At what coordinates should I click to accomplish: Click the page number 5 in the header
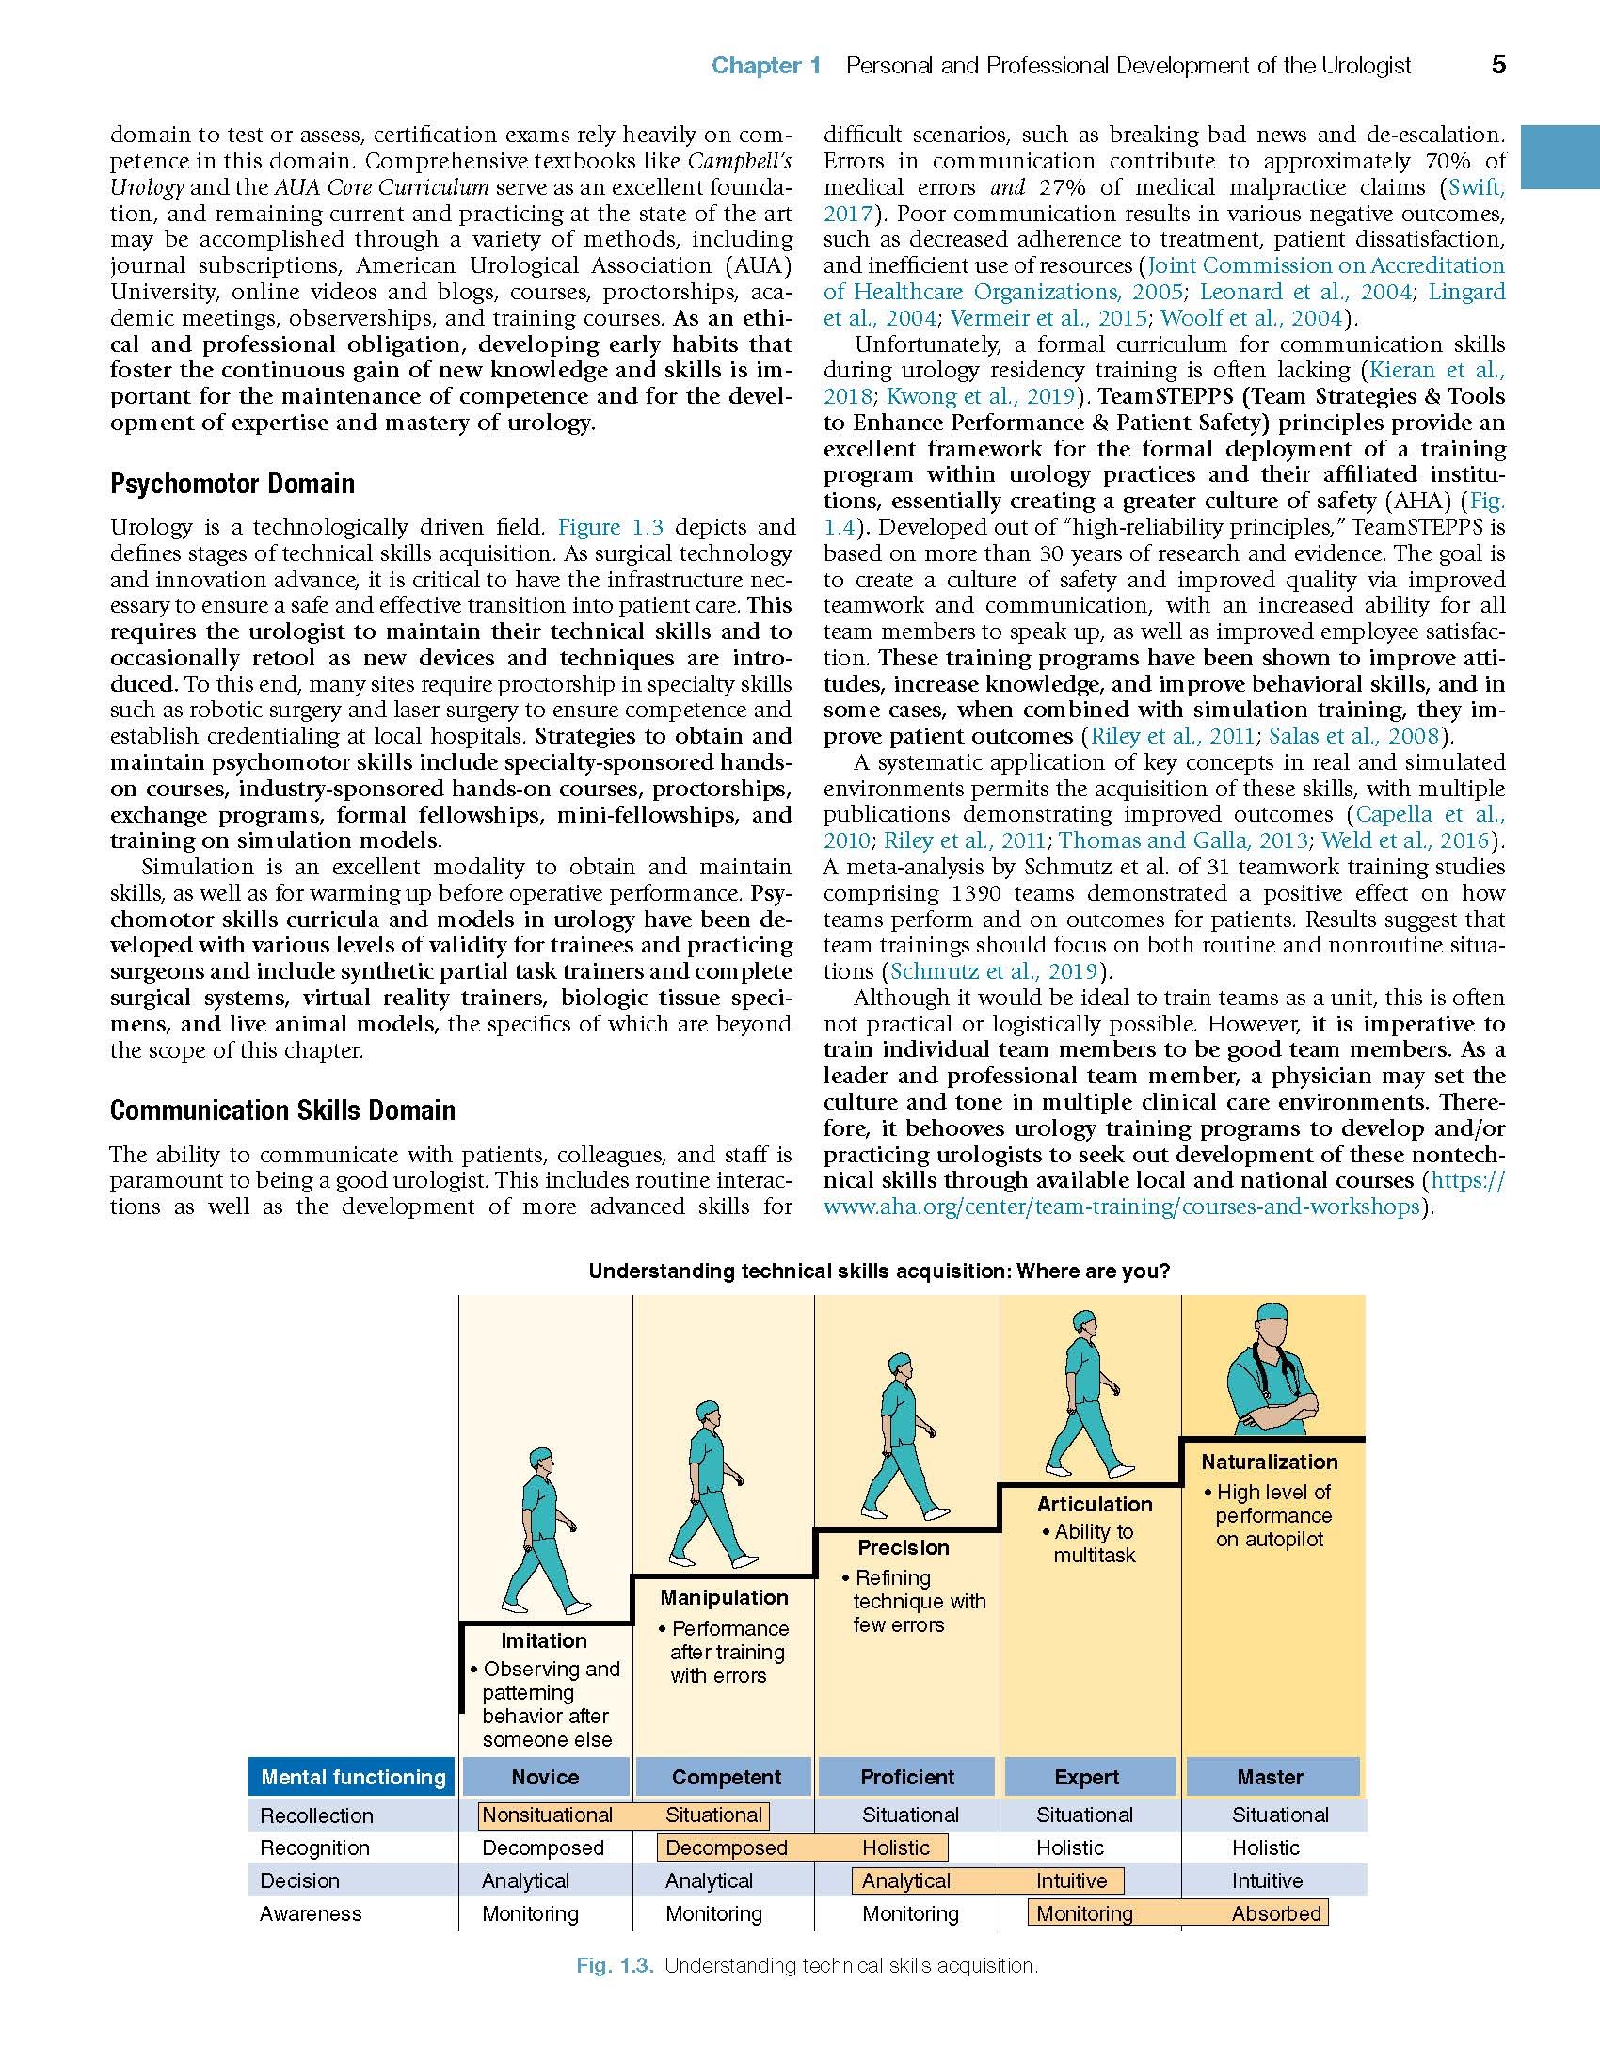point(1498,64)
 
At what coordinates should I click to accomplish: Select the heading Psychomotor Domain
point(232,484)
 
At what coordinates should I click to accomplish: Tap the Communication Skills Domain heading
point(282,1111)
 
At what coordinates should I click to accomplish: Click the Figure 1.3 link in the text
point(611,527)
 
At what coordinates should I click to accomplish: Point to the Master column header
point(1270,1777)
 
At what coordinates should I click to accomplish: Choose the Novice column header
point(545,1777)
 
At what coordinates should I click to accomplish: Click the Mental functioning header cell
point(353,1777)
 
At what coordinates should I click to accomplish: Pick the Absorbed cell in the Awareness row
point(1276,1913)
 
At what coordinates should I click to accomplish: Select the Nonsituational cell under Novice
point(547,1815)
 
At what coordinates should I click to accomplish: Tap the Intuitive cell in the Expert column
point(1071,1880)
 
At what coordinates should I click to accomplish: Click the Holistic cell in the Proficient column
point(895,1847)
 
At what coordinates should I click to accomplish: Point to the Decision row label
point(299,1880)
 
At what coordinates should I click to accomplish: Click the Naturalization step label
point(1269,1462)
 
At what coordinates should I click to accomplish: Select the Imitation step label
point(543,1640)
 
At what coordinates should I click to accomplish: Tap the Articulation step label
point(1094,1504)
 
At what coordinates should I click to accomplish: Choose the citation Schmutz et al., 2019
point(994,971)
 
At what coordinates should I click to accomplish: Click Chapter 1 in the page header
point(766,65)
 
